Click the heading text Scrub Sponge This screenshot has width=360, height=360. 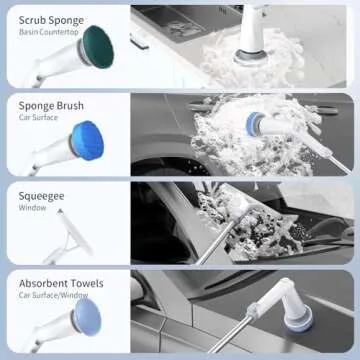coord(52,17)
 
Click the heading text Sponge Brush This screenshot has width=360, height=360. coord(51,105)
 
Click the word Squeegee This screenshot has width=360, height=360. coord(41,196)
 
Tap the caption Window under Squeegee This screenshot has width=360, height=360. coord(34,209)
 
